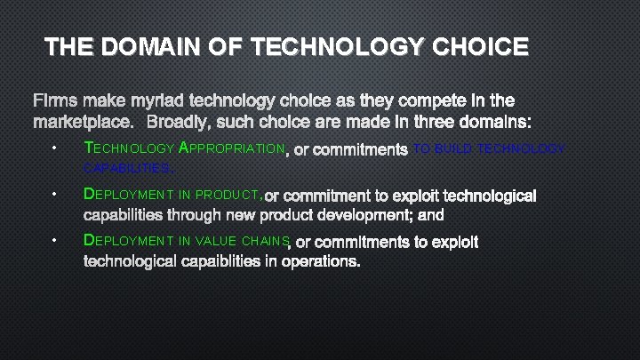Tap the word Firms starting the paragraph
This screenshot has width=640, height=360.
(x=56, y=100)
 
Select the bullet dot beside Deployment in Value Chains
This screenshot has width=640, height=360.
(x=55, y=240)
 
